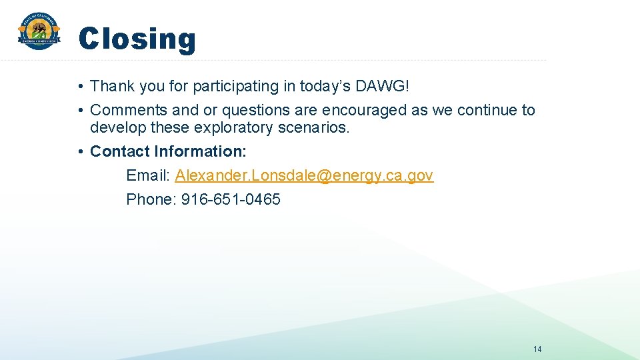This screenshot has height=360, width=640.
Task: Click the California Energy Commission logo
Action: [39, 31]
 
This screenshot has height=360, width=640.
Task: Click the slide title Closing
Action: [137, 39]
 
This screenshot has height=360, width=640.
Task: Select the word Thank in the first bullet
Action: [111, 86]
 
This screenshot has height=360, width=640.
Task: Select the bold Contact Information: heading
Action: [168, 151]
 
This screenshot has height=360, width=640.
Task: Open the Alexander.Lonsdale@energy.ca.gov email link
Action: [304, 175]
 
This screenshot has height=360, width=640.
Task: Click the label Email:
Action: [149, 175]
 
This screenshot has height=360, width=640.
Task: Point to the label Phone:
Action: [151, 199]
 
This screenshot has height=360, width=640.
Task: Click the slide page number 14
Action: [537, 349]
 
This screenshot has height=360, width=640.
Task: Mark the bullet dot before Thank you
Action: [79, 87]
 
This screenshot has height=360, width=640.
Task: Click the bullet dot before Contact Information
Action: [79, 152]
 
